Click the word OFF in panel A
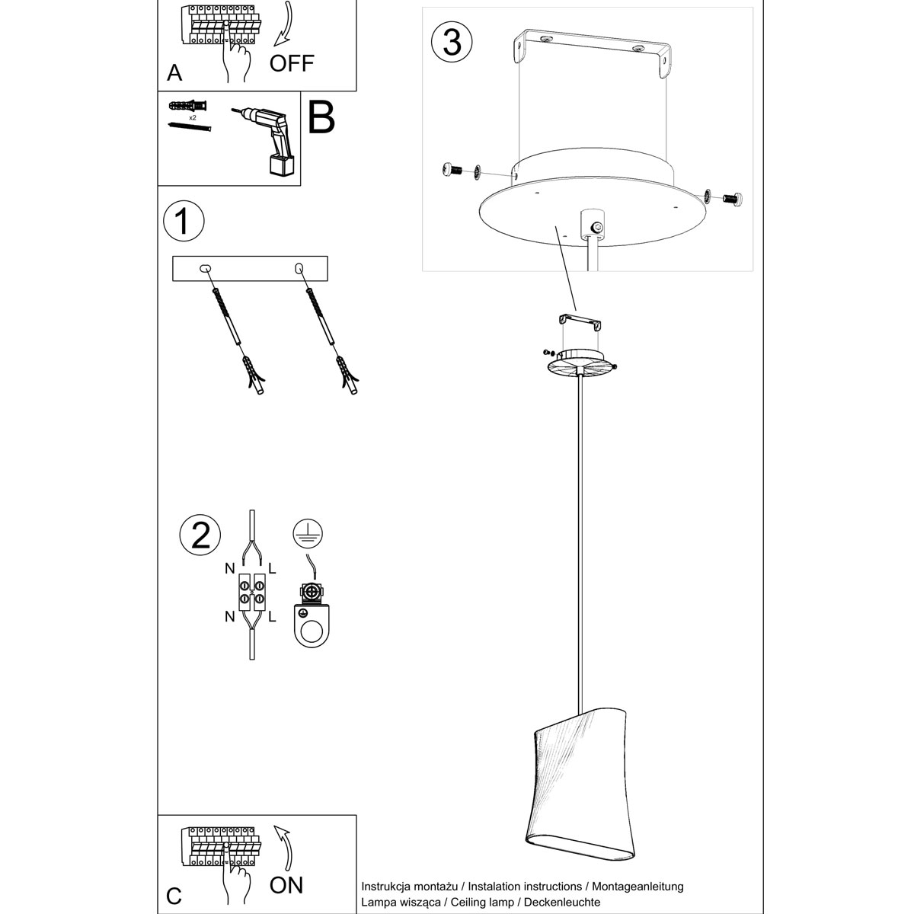point(291,62)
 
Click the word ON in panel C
point(286,884)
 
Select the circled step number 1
point(184,221)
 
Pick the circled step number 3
point(452,43)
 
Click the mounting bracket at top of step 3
point(593,53)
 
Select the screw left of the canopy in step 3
point(450,171)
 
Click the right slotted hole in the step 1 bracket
point(299,268)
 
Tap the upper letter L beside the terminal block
point(273,567)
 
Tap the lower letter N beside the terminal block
point(229,617)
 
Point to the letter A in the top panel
point(174,73)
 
